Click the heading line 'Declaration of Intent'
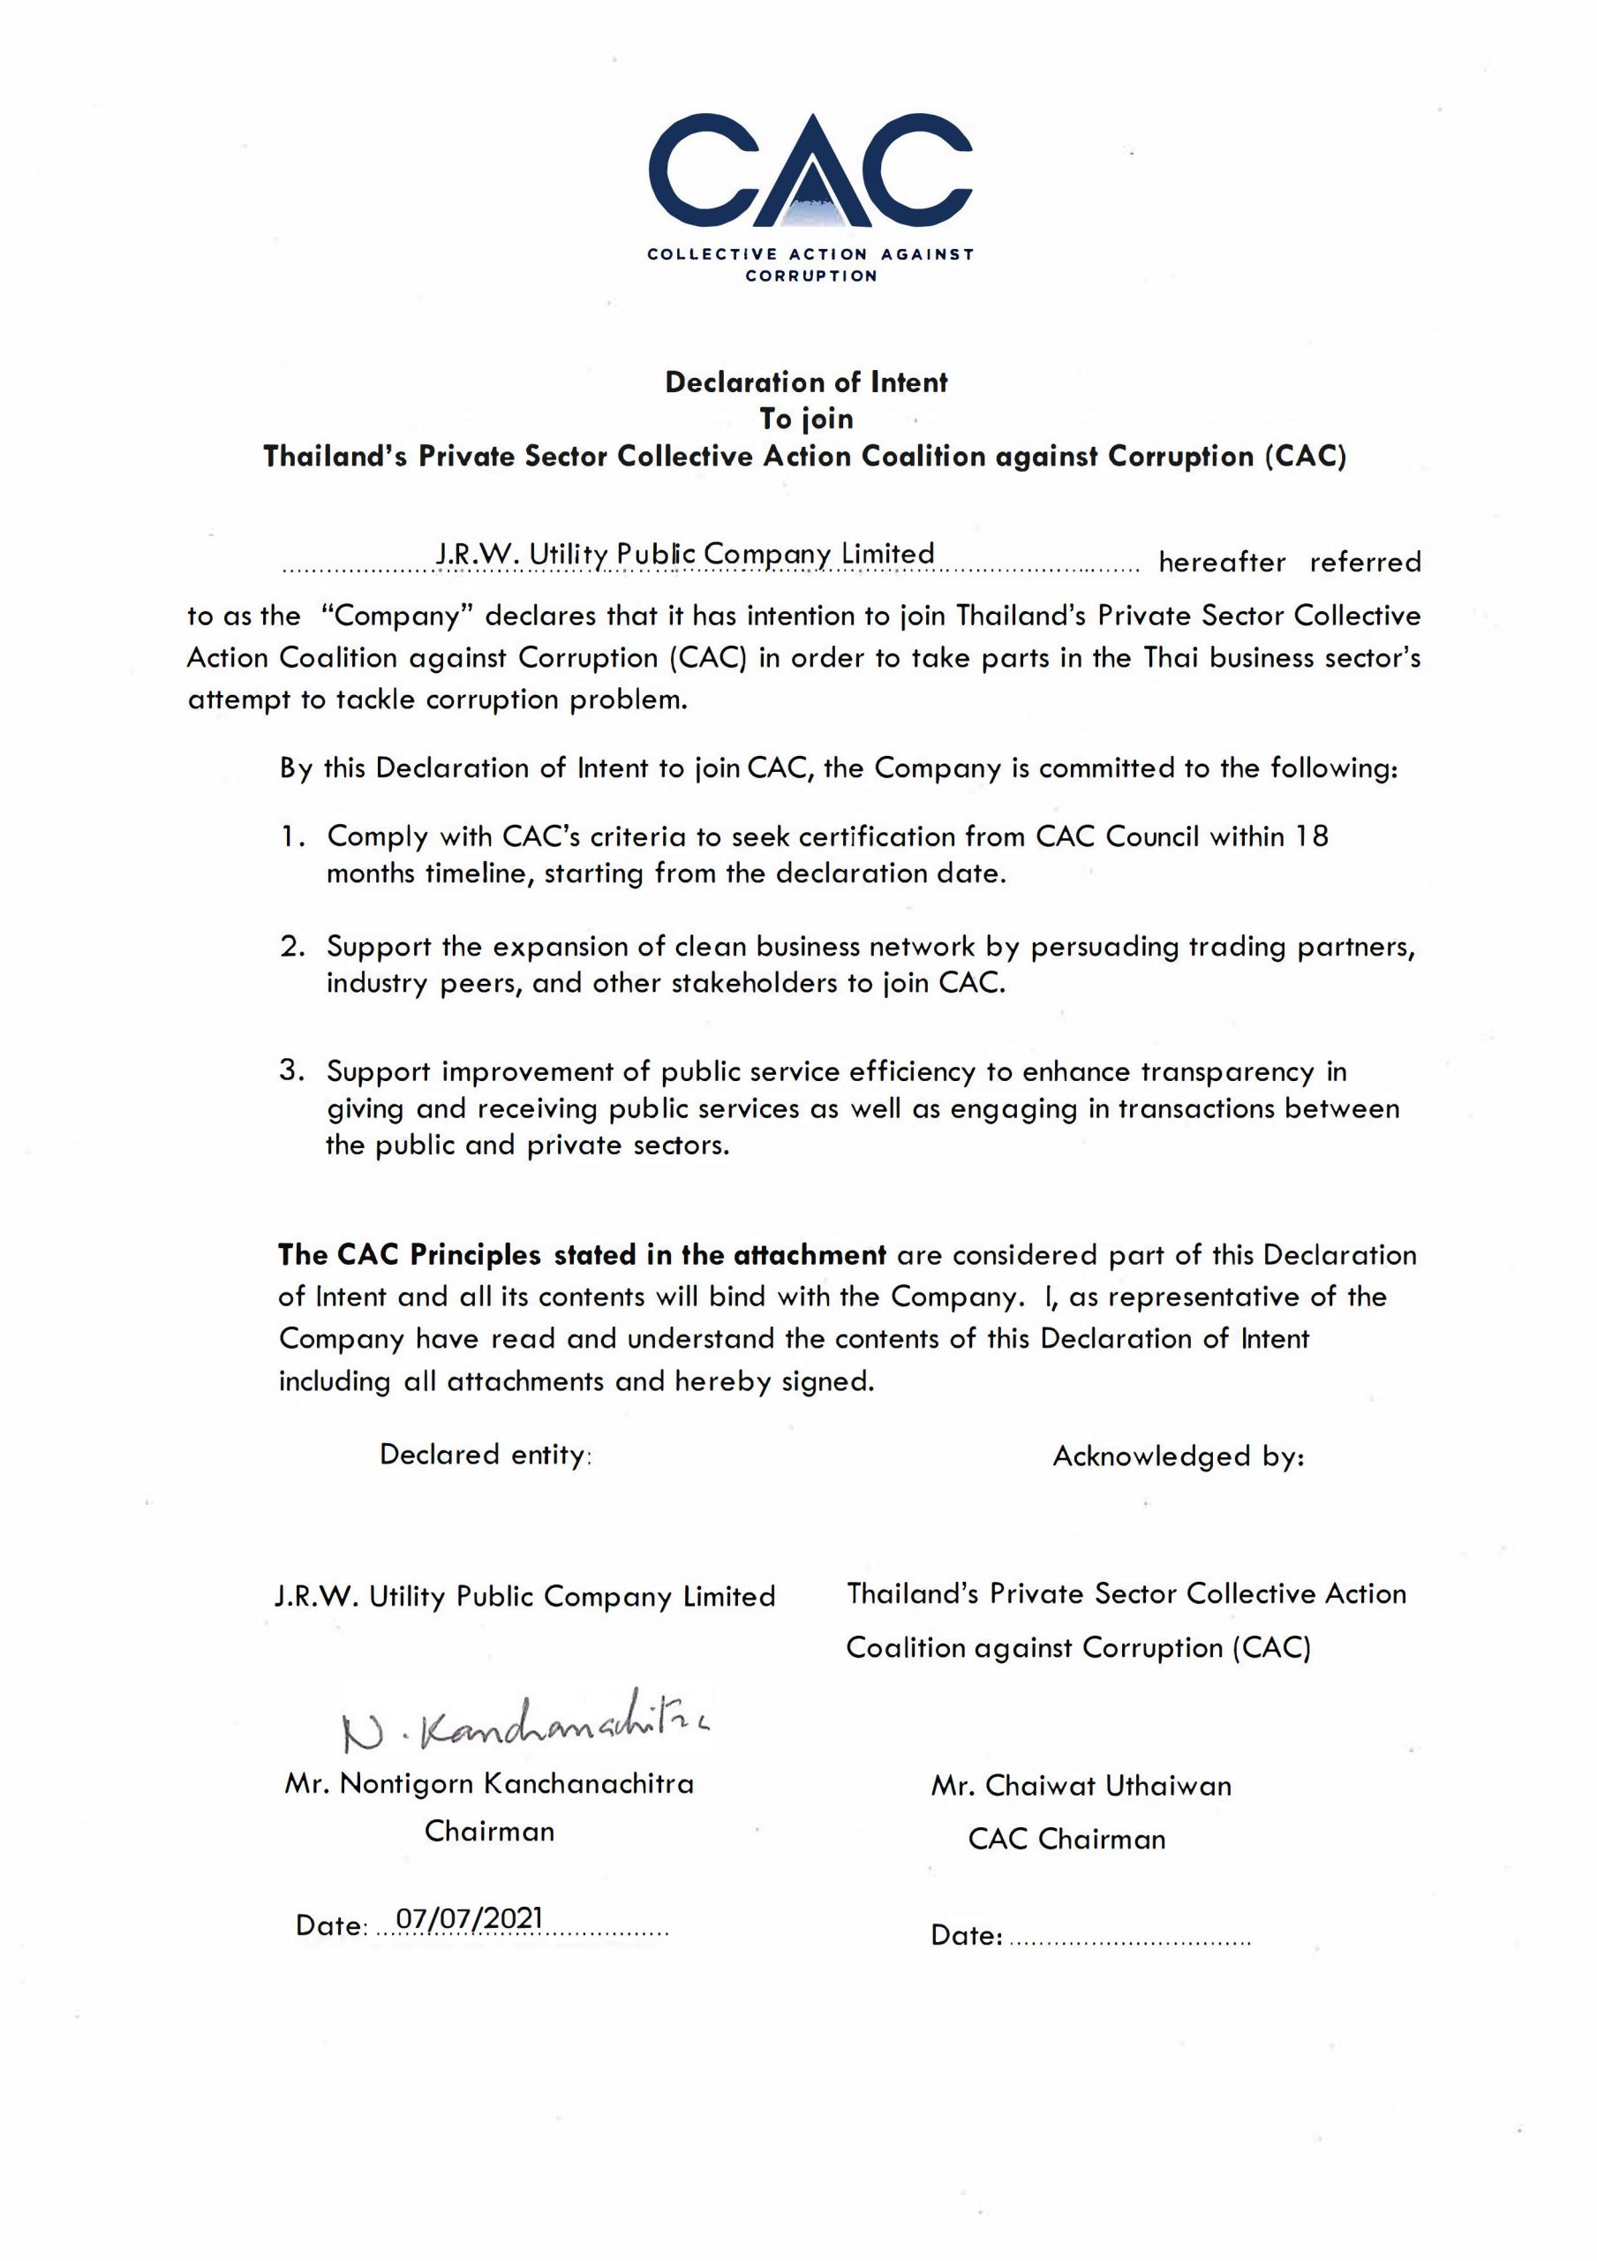pyautogui.click(x=805, y=382)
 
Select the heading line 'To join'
pyautogui.click(x=805, y=420)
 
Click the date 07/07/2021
pyautogui.click(x=469, y=1917)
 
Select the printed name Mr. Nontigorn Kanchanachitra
pyautogui.click(x=489, y=1783)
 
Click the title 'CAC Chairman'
pyautogui.click(x=1066, y=1839)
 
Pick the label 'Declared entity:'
pyautogui.click(x=486, y=1455)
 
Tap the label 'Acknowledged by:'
pyautogui.click(x=1179, y=1456)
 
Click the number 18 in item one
pyautogui.click(x=1312, y=837)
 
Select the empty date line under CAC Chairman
pyautogui.click(x=1129, y=1937)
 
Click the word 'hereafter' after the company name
pyautogui.click(x=1222, y=563)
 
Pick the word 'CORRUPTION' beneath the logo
pyautogui.click(x=810, y=276)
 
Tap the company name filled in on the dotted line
pyautogui.click(x=685, y=555)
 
